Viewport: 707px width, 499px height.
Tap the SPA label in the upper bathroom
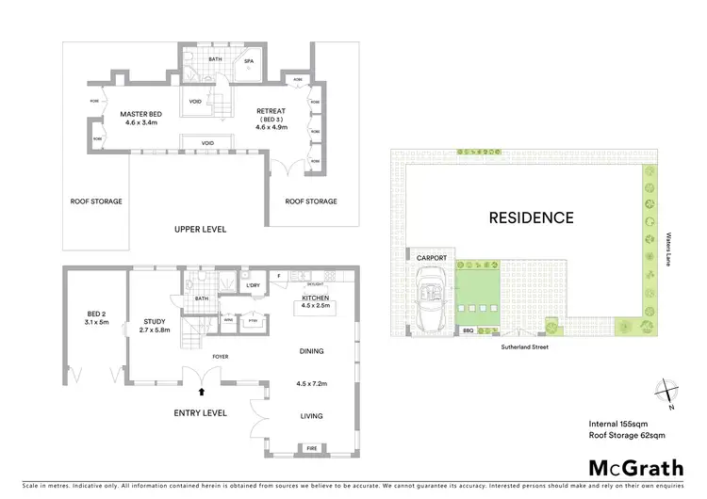coord(250,63)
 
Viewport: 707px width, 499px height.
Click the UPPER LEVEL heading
coord(201,229)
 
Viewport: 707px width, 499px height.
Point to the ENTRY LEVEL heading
coord(200,412)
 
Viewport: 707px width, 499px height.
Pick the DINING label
coord(310,351)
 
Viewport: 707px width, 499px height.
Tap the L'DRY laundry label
coord(253,285)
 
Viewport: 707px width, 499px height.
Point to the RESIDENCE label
coord(531,217)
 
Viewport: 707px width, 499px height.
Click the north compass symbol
coord(668,392)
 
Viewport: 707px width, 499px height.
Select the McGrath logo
coord(636,467)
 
